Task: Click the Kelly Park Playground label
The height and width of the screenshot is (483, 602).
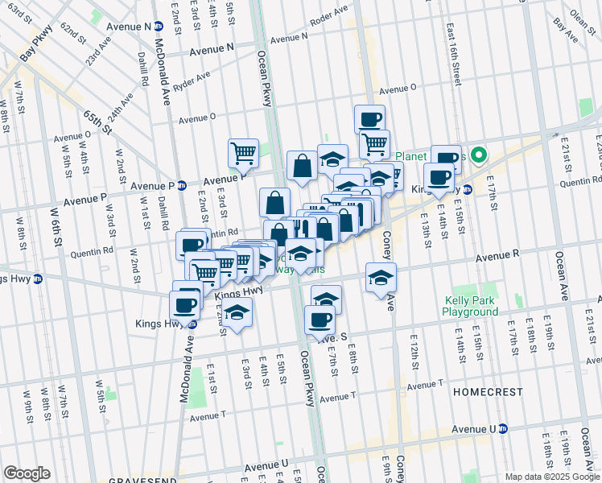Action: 472,307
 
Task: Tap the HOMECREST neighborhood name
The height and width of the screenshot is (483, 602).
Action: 483,390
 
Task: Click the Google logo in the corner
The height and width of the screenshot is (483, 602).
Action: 27,473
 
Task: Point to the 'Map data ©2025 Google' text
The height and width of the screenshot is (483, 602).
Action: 551,477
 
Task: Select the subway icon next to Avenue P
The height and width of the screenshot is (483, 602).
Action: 182,184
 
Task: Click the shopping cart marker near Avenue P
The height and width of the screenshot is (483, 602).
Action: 242,151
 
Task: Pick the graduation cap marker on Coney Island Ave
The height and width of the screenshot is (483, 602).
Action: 381,278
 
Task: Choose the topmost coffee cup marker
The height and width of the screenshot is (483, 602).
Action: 370,119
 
